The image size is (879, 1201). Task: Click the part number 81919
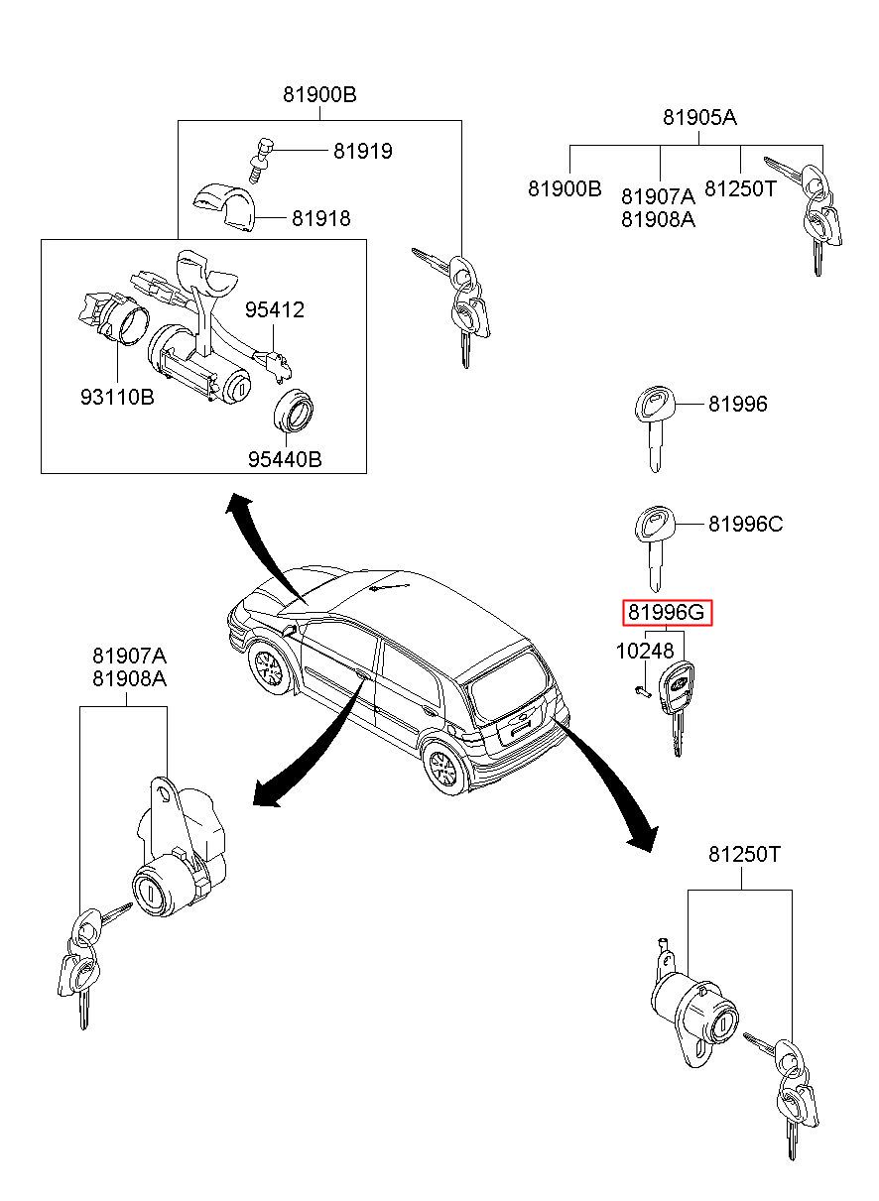click(x=362, y=151)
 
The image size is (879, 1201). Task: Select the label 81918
click(x=320, y=218)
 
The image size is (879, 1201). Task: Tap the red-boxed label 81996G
click(x=666, y=612)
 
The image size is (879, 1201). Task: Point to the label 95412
click(x=275, y=309)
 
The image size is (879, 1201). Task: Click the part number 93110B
click(x=117, y=398)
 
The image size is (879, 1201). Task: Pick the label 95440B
click(x=285, y=459)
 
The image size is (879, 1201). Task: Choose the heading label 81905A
click(x=699, y=117)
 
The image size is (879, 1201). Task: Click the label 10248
click(x=644, y=652)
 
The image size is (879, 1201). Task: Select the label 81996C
click(x=745, y=524)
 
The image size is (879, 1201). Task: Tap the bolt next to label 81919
click(x=262, y=161)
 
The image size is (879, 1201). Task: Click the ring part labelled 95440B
click(x=294, y=412)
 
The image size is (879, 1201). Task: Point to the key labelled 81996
click(x=653, y=428)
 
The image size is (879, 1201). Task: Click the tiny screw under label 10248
click(x=642, y=692)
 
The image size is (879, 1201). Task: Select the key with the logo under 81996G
click(x=677, y=708)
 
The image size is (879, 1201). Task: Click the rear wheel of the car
click(x=444, y=768)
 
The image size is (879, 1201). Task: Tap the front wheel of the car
click(x=268, y=669)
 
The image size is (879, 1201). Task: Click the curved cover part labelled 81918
click(x=222, y=208)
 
